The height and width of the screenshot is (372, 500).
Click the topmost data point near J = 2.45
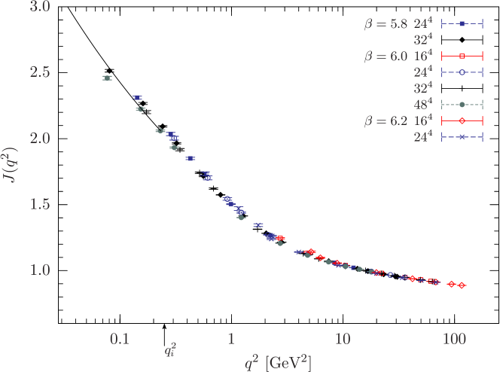(x=107, y=78)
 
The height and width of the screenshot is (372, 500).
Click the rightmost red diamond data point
(x=462, y=285)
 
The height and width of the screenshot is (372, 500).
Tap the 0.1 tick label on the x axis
(x=119, y=340)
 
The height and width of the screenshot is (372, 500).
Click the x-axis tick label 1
(x=230, y=340)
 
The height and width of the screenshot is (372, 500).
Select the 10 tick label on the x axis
(x=342, y=340)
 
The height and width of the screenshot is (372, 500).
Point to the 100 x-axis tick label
(x=453, y=340)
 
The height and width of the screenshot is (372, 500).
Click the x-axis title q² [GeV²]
(x=278, y=362)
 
